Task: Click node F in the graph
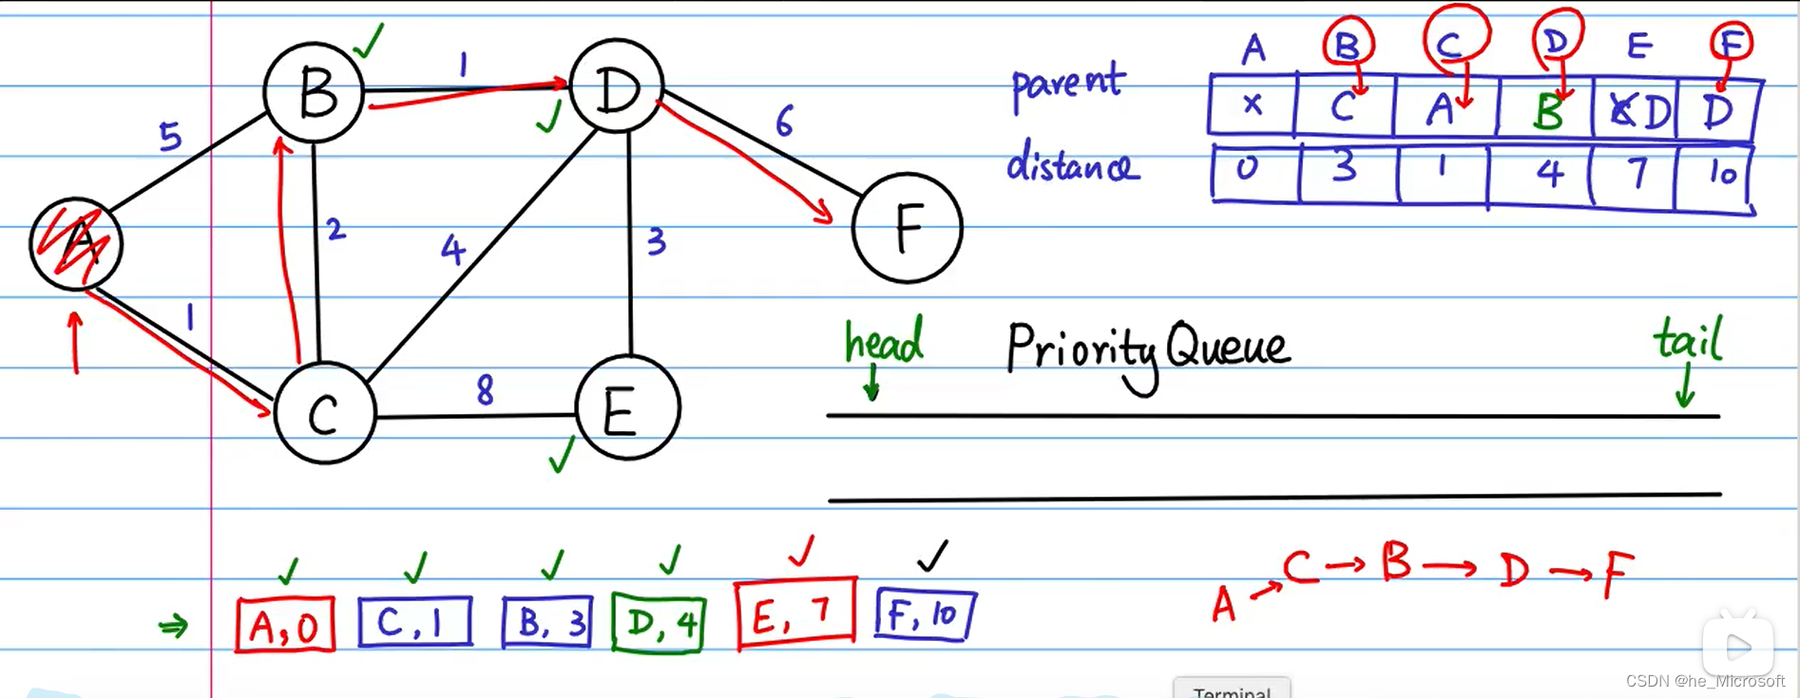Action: (908, 228)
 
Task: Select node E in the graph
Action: (627, 408)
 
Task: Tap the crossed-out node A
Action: (76, 244)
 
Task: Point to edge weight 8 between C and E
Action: (485, 389)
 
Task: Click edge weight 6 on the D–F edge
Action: (784, 122)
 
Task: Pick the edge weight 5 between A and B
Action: (170, 137)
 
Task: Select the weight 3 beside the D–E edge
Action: (656, 242)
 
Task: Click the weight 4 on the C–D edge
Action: (452, 250)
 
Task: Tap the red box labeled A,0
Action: (285, 625)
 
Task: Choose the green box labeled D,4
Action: (659, 623)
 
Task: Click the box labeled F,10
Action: (925, 615)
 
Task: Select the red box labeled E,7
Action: (795, 613)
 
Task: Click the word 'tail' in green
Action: (1688, 339)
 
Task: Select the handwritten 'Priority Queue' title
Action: (1147, 348)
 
